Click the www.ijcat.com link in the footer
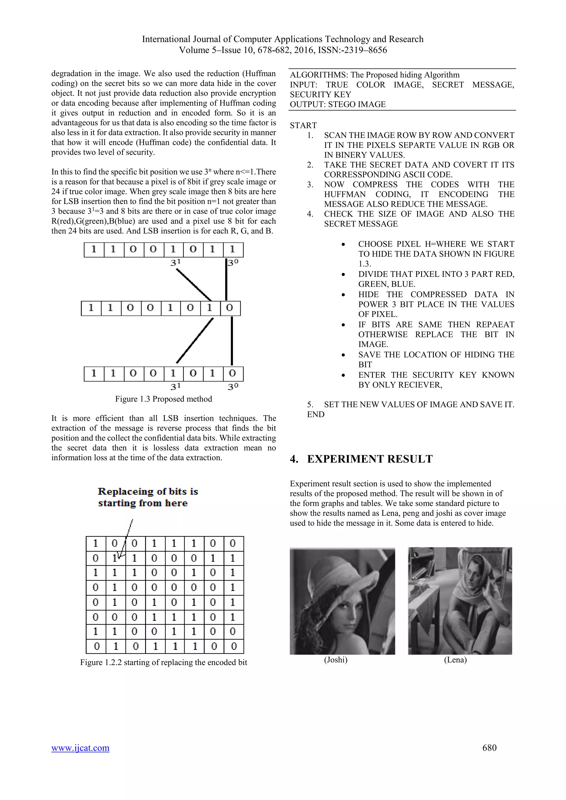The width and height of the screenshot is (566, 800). tap(80, 748)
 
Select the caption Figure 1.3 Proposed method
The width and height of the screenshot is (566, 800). tap(164, 399)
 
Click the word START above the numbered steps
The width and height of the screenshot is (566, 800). tap(303, 125)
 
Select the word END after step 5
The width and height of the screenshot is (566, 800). tap(316, 414)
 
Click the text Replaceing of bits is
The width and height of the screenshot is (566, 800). tap(148, 491)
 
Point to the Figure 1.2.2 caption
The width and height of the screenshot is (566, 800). tap(164, 662)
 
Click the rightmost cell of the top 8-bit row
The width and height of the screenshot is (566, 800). tap(233, 250)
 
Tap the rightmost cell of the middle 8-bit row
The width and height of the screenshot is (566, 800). tap(230, 308)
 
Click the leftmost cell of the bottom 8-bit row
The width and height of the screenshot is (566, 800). tap(94, 373)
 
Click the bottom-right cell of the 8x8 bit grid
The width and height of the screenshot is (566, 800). tap(233, 646)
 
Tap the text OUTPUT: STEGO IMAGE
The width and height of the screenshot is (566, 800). tap(337, 105)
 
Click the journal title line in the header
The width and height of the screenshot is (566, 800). tap(282, 39)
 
